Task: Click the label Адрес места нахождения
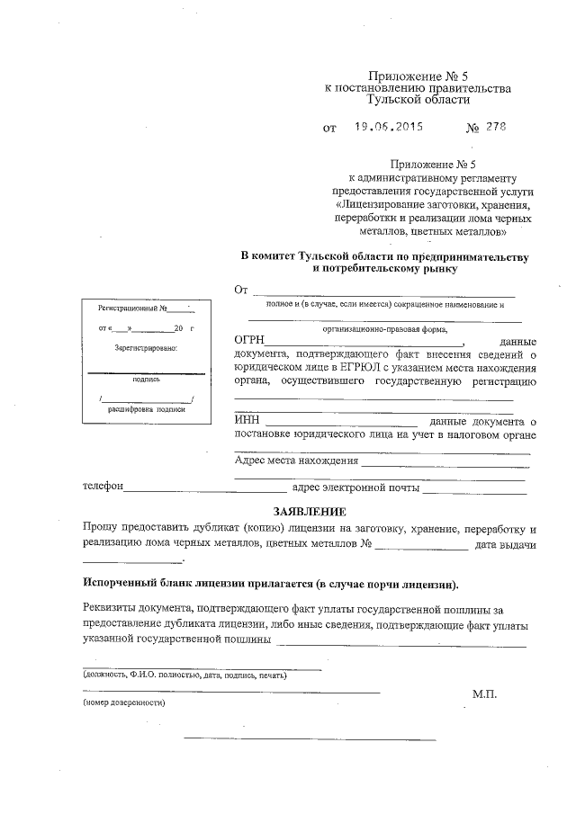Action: [x=295, y=461]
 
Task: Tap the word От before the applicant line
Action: [x=240, y=290]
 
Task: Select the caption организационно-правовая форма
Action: [x=385, y=329]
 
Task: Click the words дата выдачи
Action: [x=505, y=546]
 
